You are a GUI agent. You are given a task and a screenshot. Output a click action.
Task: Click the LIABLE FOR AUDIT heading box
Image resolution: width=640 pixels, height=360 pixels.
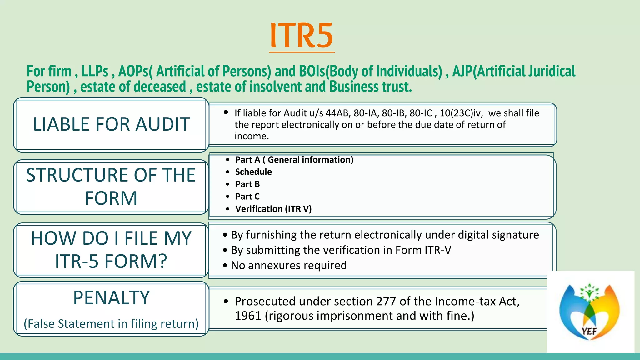tap(111, 124)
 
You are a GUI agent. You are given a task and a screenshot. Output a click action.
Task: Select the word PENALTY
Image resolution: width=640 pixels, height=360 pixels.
tap(111, 298)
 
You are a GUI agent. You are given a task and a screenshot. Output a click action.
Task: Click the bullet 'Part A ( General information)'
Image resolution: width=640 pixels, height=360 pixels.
tap(294, 160)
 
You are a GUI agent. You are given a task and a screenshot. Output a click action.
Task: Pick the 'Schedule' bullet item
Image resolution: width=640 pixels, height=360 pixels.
tap(253, 172)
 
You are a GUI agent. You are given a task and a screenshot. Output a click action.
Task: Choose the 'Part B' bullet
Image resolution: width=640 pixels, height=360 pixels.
tap(247, 184)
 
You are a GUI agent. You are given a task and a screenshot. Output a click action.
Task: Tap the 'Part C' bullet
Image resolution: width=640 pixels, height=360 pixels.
tap(247, 197)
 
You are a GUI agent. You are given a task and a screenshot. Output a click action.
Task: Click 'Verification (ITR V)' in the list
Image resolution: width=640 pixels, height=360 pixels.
tap(273, 209)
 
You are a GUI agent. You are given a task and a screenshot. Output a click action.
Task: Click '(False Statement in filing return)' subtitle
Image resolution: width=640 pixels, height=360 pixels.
tap(111, 324)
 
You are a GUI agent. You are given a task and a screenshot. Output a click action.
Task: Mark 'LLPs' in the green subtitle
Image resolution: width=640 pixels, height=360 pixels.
tap(95, 71)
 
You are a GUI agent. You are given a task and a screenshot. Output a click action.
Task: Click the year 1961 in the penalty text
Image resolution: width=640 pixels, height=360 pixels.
tap(248, 316)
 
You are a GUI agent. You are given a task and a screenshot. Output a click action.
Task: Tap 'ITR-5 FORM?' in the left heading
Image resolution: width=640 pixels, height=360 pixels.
tap(111, 262)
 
